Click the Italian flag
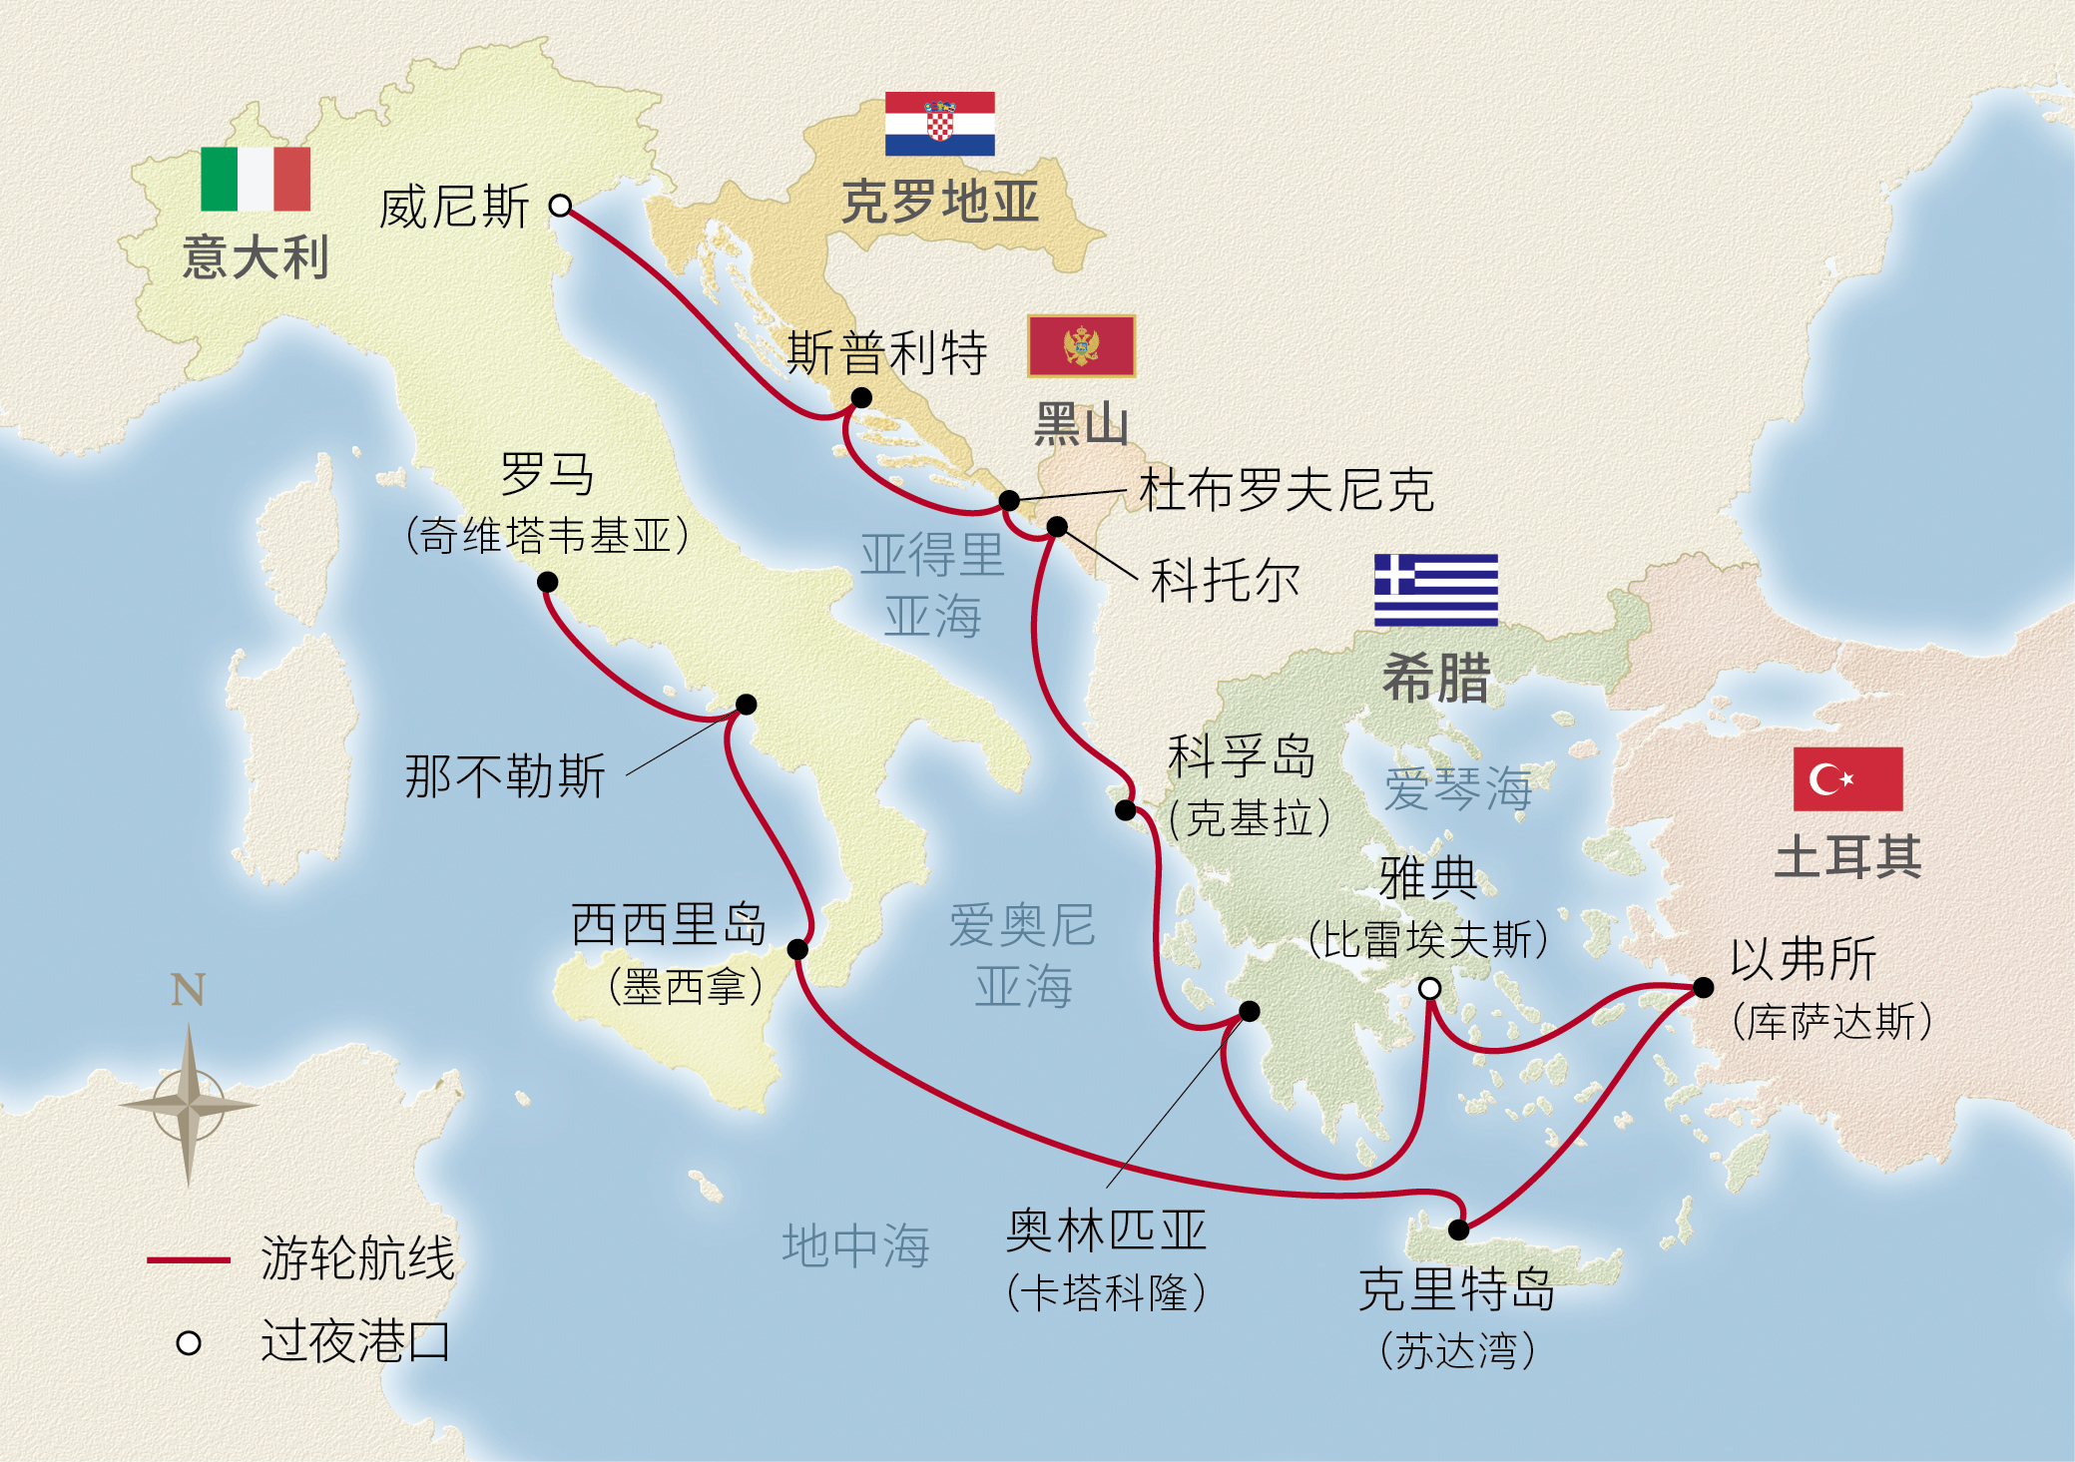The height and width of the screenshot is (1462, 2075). tap(256, 179)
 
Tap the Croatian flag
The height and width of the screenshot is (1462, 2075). tap(939, 124)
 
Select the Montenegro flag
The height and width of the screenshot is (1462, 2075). tap(1081, 346)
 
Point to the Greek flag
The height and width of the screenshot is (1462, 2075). tap(1435, 590)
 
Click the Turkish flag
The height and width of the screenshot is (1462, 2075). tap(1847, 778)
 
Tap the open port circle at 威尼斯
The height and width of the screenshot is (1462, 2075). tap(561, 206)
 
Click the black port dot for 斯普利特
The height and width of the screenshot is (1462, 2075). tap(861, 398)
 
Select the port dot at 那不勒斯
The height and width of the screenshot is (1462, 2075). tap(746, 705)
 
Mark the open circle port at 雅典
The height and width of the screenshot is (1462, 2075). tap(1429, 988)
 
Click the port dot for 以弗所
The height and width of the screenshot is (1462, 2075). tap(1703, 987)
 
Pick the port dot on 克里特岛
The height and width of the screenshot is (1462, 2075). tap(1458, 1229)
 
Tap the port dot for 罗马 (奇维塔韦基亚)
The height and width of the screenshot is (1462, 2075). tap(547, 582)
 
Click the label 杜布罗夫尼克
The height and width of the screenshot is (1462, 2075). tap(1287, 490)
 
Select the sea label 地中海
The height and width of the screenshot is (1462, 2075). tap(855, 1245)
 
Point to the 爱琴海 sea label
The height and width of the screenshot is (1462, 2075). tap(1457, 788)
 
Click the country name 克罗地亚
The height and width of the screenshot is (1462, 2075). tap(940, 203)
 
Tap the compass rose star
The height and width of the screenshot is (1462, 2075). tap(189, 1105)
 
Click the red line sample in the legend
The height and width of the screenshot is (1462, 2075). tap(188, 1259)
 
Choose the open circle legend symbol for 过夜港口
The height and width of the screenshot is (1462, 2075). tap(189, 1343)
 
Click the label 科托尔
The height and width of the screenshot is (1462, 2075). tap(1225, 580)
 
